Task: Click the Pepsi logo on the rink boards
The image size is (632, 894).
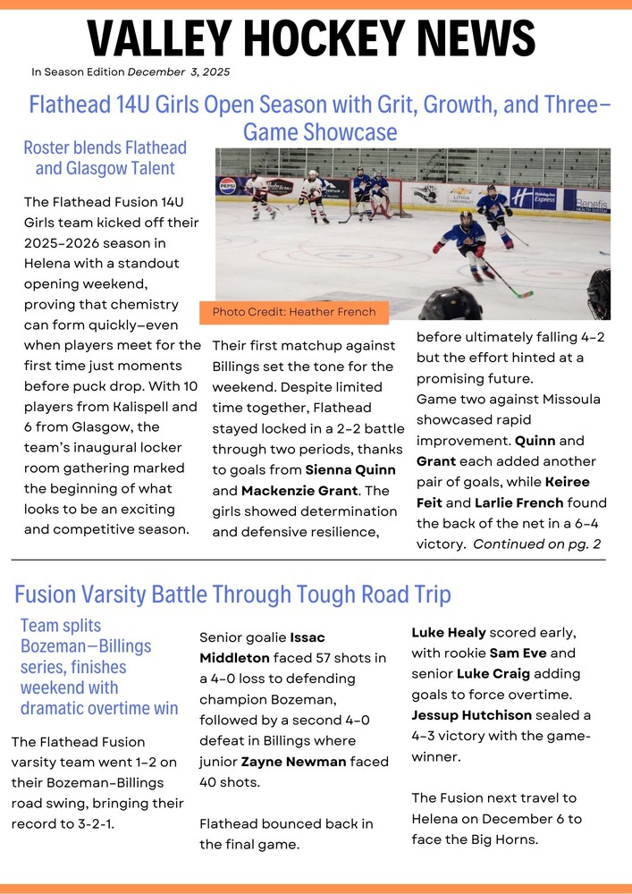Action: tap(228, 186)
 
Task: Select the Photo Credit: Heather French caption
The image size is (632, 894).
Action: tap(294, 312)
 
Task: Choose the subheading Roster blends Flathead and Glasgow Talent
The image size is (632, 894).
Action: tap(105, 157)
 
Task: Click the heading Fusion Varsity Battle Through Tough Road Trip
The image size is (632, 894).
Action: tap(232, 595)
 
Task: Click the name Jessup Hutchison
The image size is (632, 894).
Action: tap(471, 715)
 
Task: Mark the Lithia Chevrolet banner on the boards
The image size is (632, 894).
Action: tap(460, 195)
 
